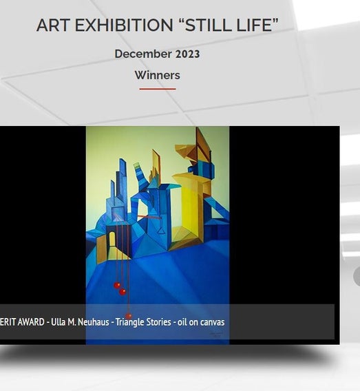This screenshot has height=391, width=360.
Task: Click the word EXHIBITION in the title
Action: pos(124,25)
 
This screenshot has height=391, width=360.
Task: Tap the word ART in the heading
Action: pos(53,25)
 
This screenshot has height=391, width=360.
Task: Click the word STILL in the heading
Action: pos(208,25)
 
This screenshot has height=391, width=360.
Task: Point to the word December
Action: pos(143,54)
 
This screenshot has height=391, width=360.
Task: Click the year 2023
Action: pos(187,54)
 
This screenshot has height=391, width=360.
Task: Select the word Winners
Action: pos(158,75)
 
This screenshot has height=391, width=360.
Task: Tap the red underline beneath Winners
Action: pos(158,89)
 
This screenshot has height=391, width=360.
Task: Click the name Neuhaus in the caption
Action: pos(94,322)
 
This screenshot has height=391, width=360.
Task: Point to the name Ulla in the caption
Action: pos(57,322)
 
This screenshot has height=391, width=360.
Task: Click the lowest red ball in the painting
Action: pos(129,316)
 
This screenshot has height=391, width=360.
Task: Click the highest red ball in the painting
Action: pos(117,285)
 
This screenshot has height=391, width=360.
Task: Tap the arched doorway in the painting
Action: pos(112,239)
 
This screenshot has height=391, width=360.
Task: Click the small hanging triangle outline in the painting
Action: pos(162,231)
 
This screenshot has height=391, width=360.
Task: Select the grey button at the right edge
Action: pos(357,276)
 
